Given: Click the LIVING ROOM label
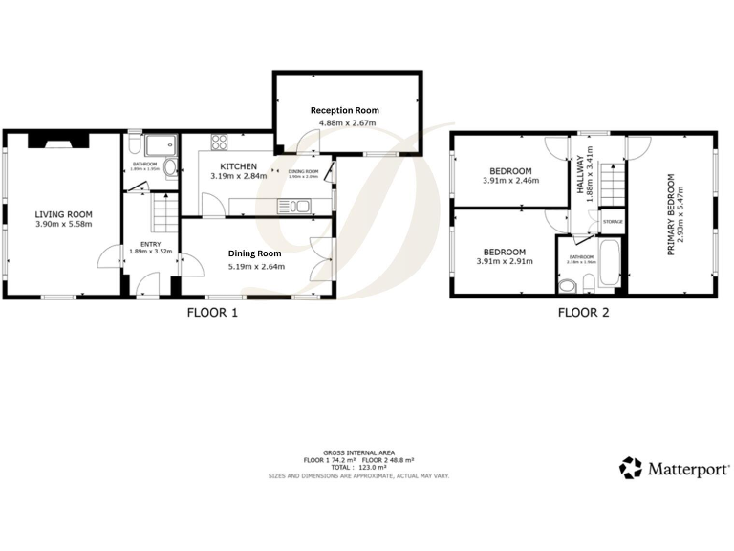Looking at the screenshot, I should (63, 214).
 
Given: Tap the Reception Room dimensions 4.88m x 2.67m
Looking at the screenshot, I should (346, 122).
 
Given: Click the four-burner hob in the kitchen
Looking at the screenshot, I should (219, 143).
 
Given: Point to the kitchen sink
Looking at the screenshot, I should (295, 206).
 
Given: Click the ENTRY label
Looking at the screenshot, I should (151, 245).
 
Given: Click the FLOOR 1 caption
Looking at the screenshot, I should (212, 312).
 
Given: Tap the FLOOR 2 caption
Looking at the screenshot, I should (583, 312).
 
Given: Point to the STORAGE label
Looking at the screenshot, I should (613, 222).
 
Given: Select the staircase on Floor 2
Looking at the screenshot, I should (612, 182).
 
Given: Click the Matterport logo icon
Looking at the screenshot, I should (631, 468).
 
